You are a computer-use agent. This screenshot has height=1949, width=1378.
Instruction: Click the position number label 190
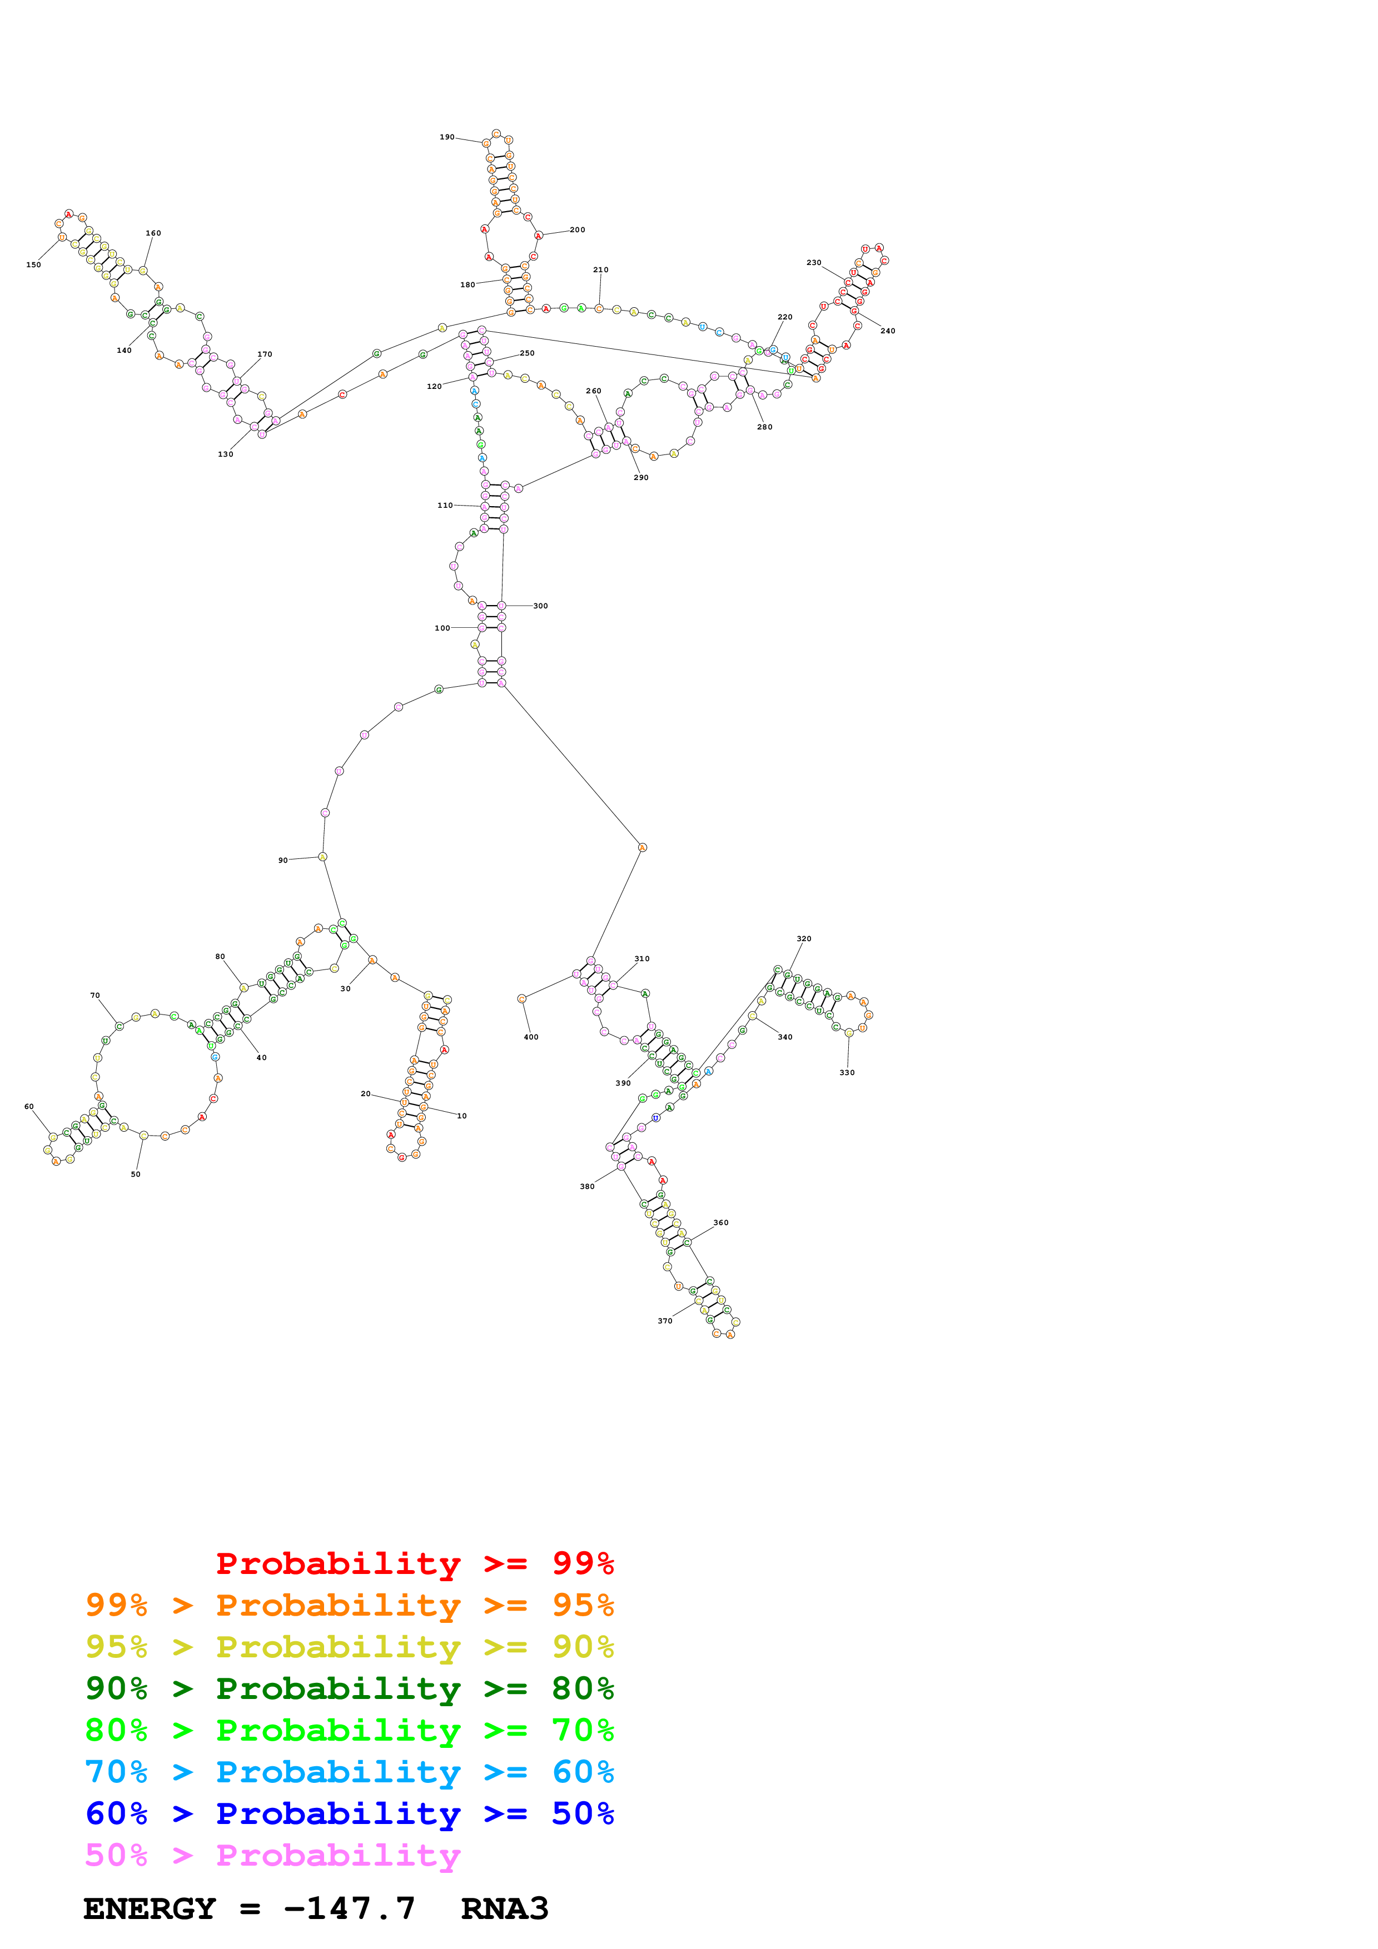click(446, 137)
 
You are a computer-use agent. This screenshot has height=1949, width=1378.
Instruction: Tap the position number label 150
click(33, 265)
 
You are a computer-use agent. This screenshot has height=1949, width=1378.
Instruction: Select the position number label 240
click(887, 331)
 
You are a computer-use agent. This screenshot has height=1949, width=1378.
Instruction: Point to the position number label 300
click(540, 606)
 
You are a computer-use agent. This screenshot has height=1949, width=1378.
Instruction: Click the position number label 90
click(283, 861)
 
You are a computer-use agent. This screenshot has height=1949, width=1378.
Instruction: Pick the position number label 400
click(531, 1037)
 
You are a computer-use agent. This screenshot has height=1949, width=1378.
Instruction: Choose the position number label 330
click(847, 1073)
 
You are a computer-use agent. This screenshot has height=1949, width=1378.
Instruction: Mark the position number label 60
click(29, 1107)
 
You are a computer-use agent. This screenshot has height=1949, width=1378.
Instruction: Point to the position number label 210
click(600, 270)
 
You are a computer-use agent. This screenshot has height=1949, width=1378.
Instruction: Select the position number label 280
click(764, 427)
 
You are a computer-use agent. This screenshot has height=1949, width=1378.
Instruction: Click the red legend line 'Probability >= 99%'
click(414, 1563)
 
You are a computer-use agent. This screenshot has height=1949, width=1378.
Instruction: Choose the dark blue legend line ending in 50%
click(349, 1814)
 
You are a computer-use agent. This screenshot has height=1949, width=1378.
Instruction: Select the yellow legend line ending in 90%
click(349, 1647)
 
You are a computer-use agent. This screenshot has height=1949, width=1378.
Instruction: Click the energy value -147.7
click(349, 1909)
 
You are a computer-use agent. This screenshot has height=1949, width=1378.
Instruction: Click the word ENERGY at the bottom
click(150, 1909)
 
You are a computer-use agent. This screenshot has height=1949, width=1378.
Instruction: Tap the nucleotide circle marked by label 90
click(322, 857)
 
